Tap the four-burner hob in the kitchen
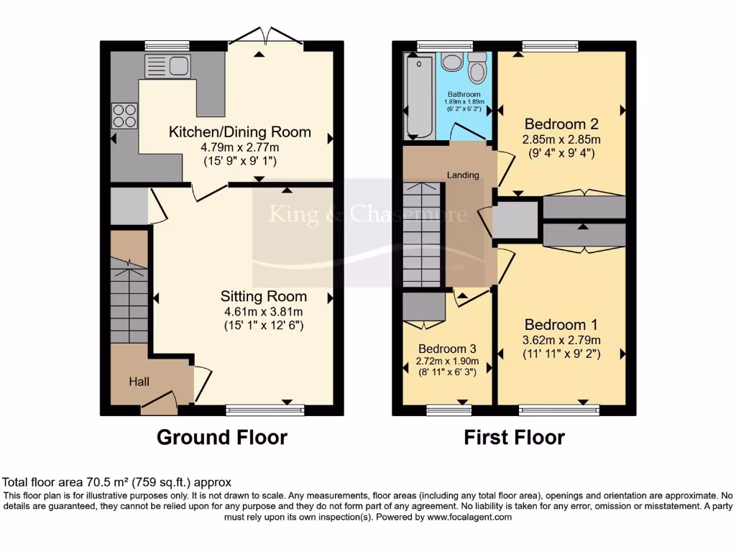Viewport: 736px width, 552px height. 124,115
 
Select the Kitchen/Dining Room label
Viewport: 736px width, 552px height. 239,132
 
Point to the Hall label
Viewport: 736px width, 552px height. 139,381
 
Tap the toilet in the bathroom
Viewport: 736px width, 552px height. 477,70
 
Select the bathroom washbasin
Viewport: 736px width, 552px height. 451,63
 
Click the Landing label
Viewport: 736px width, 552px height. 463,175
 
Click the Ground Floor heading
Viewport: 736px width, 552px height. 221,437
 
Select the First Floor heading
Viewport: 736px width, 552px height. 514,437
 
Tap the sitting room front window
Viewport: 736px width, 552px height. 264,410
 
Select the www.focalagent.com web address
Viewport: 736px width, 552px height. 469,517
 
